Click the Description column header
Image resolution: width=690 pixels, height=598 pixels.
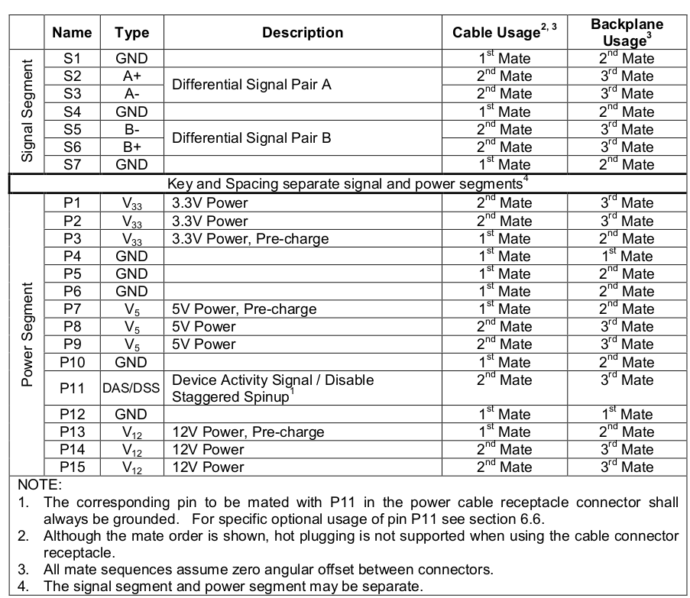tap(303, 32)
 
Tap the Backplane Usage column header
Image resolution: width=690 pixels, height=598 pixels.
tap(627, 32)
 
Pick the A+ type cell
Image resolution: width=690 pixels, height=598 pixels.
tap(131, 76)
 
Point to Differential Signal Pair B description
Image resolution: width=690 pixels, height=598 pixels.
tap(251, 138)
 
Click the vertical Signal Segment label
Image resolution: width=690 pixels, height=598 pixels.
tap(28, 112)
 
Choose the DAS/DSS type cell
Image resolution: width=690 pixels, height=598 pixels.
tap(131, 388)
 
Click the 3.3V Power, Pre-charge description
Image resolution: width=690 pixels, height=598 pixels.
tap(251, 238)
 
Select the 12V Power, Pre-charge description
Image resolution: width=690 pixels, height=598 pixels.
tap(248, 432)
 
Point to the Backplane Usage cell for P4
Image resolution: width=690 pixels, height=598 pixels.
tap(627, 256)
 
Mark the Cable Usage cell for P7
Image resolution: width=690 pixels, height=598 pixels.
tap(504, 309)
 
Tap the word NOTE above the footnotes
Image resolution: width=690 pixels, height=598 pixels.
tap(38, 485)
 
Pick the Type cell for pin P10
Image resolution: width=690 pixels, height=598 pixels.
tap(131, 362)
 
